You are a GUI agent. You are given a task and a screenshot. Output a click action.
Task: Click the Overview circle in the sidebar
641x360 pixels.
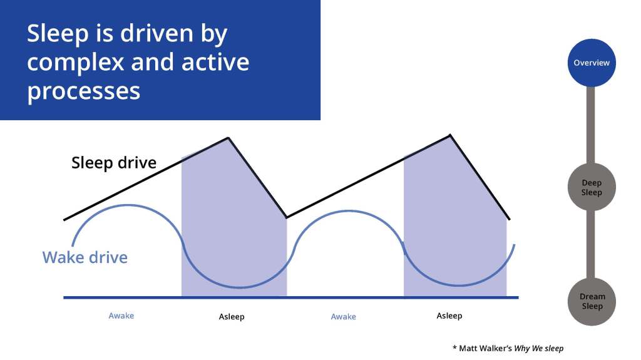[592, 63]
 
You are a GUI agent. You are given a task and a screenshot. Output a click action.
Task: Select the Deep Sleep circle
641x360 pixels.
[592, 187]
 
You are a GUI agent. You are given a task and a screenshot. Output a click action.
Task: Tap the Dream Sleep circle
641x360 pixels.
[592, 302]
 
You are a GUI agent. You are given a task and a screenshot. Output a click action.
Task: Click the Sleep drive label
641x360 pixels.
[114, 163]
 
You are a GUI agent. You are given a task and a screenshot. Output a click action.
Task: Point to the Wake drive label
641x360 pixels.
[85, 257]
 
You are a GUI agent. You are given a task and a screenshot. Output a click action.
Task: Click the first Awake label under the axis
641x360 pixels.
[121, 316]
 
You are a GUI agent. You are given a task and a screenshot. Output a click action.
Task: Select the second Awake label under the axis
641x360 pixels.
[344, 317]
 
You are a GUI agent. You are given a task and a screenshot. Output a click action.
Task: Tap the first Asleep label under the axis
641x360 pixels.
[232, 317]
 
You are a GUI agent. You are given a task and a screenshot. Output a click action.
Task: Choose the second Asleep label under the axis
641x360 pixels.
[449, 316]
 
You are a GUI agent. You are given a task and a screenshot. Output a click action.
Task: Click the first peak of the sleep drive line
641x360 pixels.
[228, 138]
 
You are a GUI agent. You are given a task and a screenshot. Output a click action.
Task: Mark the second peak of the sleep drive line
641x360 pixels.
[450, 135]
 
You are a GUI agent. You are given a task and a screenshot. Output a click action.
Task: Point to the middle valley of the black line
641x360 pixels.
[287, 217]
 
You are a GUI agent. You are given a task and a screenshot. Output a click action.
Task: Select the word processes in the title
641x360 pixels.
[84, 91]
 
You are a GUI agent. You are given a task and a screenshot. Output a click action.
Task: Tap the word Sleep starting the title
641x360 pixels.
[58, 34]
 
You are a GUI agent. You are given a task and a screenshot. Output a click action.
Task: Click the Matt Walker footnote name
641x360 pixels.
[485, 349]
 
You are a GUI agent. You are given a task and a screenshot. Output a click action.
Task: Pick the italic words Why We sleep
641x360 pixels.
[539, 349]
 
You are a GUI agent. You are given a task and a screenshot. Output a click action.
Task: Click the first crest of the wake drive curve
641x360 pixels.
[128, 205]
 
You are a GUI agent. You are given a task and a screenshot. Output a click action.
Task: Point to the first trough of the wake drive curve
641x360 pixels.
[240, 287]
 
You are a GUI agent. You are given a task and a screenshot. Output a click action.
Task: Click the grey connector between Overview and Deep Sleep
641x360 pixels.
[591, 125]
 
